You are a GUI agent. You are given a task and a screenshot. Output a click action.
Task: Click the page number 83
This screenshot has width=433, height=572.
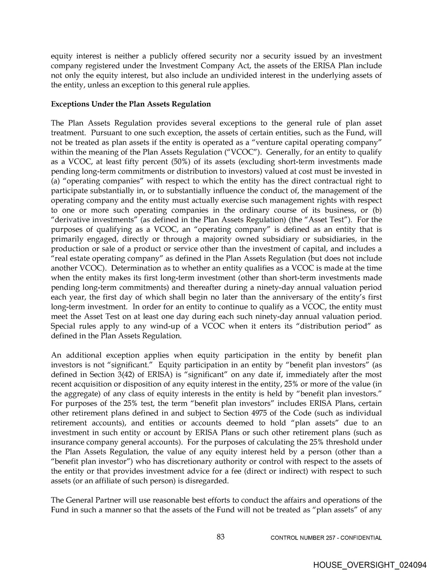coord(221,537)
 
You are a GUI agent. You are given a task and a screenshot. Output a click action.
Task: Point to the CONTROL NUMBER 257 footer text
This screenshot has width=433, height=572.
coord(326,538)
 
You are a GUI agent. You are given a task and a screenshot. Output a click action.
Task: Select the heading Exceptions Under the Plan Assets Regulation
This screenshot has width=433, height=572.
coord(131,104)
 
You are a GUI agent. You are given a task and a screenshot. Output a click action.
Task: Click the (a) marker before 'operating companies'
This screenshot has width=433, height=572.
coord(56,181)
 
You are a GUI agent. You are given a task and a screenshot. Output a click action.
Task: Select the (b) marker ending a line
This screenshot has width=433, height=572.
coord(377,210)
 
